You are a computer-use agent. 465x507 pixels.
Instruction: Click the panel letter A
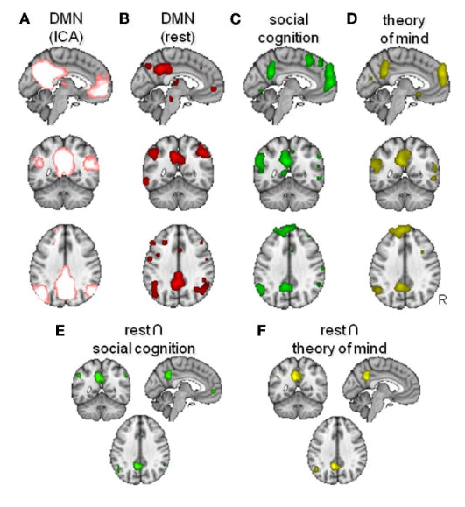25,19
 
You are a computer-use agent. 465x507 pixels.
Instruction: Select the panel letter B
124,19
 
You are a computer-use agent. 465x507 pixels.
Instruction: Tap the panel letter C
235,19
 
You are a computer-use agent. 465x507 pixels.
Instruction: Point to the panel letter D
351,19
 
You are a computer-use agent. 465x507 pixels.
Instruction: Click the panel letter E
60,331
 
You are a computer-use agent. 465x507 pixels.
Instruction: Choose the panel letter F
261,331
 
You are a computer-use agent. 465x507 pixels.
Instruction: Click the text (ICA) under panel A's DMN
66,37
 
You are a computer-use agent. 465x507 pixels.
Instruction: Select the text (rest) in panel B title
178,37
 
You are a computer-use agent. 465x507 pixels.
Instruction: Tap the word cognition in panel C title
288,39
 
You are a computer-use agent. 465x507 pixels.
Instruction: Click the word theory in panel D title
404,21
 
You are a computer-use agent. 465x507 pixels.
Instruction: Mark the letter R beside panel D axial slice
442,300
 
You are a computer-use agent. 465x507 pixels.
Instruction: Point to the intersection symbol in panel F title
353,330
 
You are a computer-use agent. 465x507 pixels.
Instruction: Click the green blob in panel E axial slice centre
138,466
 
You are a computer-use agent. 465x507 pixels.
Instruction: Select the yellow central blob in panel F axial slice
336,466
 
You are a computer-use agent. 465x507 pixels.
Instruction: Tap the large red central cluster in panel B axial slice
177,281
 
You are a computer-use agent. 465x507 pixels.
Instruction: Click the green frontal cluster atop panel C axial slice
285,229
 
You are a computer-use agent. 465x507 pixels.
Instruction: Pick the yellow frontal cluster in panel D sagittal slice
442,75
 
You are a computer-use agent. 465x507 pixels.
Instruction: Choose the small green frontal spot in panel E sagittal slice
214,391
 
